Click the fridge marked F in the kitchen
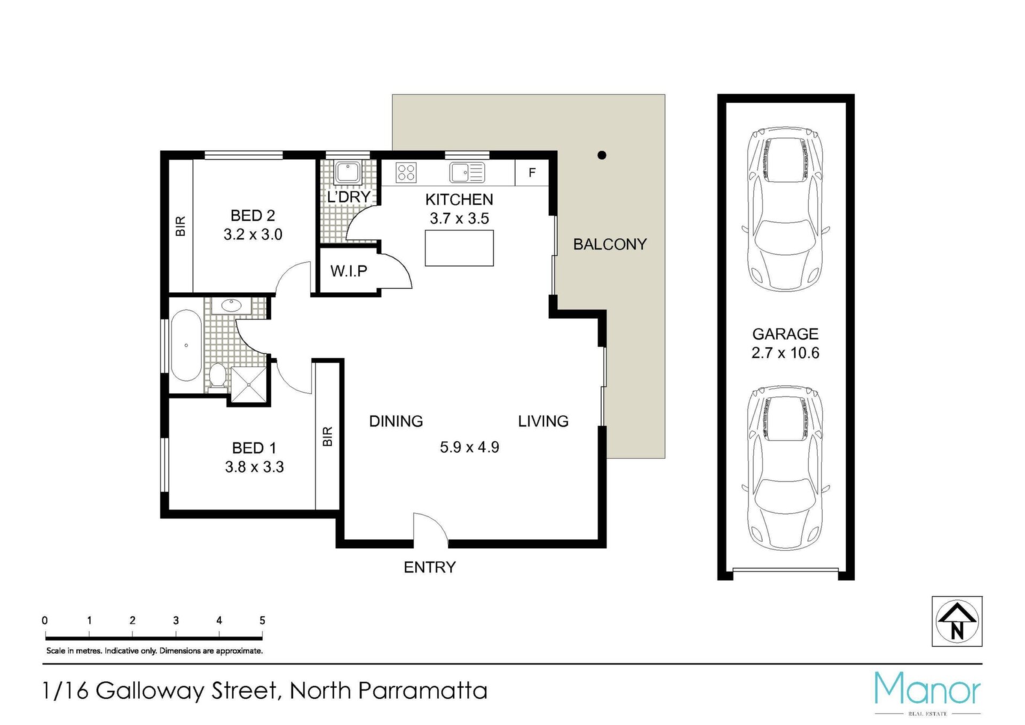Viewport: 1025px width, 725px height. point(532,173)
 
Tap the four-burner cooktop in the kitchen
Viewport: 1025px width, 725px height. point(406,173)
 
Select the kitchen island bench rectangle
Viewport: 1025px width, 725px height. point(459,248)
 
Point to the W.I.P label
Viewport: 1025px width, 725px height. point(349,271)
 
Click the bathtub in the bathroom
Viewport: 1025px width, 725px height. point(186,345)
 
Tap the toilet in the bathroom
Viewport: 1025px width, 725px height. point(217,376)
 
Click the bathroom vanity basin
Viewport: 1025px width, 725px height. point(231,306)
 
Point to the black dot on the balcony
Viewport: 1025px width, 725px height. point(602,155)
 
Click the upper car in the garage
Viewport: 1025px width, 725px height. point(785,209)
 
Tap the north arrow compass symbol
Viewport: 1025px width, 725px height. point(957,621)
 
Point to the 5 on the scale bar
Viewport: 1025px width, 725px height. point(262,620)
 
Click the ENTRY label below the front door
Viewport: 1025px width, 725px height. point(430,567)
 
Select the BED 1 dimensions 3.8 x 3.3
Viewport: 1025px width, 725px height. point(254,467)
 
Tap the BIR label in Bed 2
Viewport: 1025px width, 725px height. point(180,226)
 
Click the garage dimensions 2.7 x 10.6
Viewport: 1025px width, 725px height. point(785,353)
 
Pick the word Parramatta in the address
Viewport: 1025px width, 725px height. point(423,691)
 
